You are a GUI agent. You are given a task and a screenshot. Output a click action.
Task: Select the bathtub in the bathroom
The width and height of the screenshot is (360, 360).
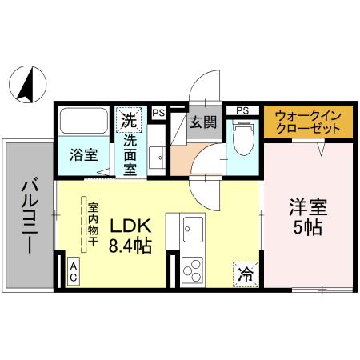click(x=85, y=123)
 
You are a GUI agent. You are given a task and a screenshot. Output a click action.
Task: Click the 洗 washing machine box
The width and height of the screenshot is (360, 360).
click(x=128, y=121)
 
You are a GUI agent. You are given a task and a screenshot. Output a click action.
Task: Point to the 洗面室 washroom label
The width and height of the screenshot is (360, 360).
click(x=129, y=154)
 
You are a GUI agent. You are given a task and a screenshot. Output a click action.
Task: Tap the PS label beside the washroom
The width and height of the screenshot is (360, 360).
click(x=158, y=113)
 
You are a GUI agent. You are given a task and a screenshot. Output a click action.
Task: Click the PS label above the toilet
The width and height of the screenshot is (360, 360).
click(x=242, y=110)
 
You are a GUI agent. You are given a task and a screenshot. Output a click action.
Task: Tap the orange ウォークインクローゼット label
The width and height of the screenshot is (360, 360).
click(x=306, y=122)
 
